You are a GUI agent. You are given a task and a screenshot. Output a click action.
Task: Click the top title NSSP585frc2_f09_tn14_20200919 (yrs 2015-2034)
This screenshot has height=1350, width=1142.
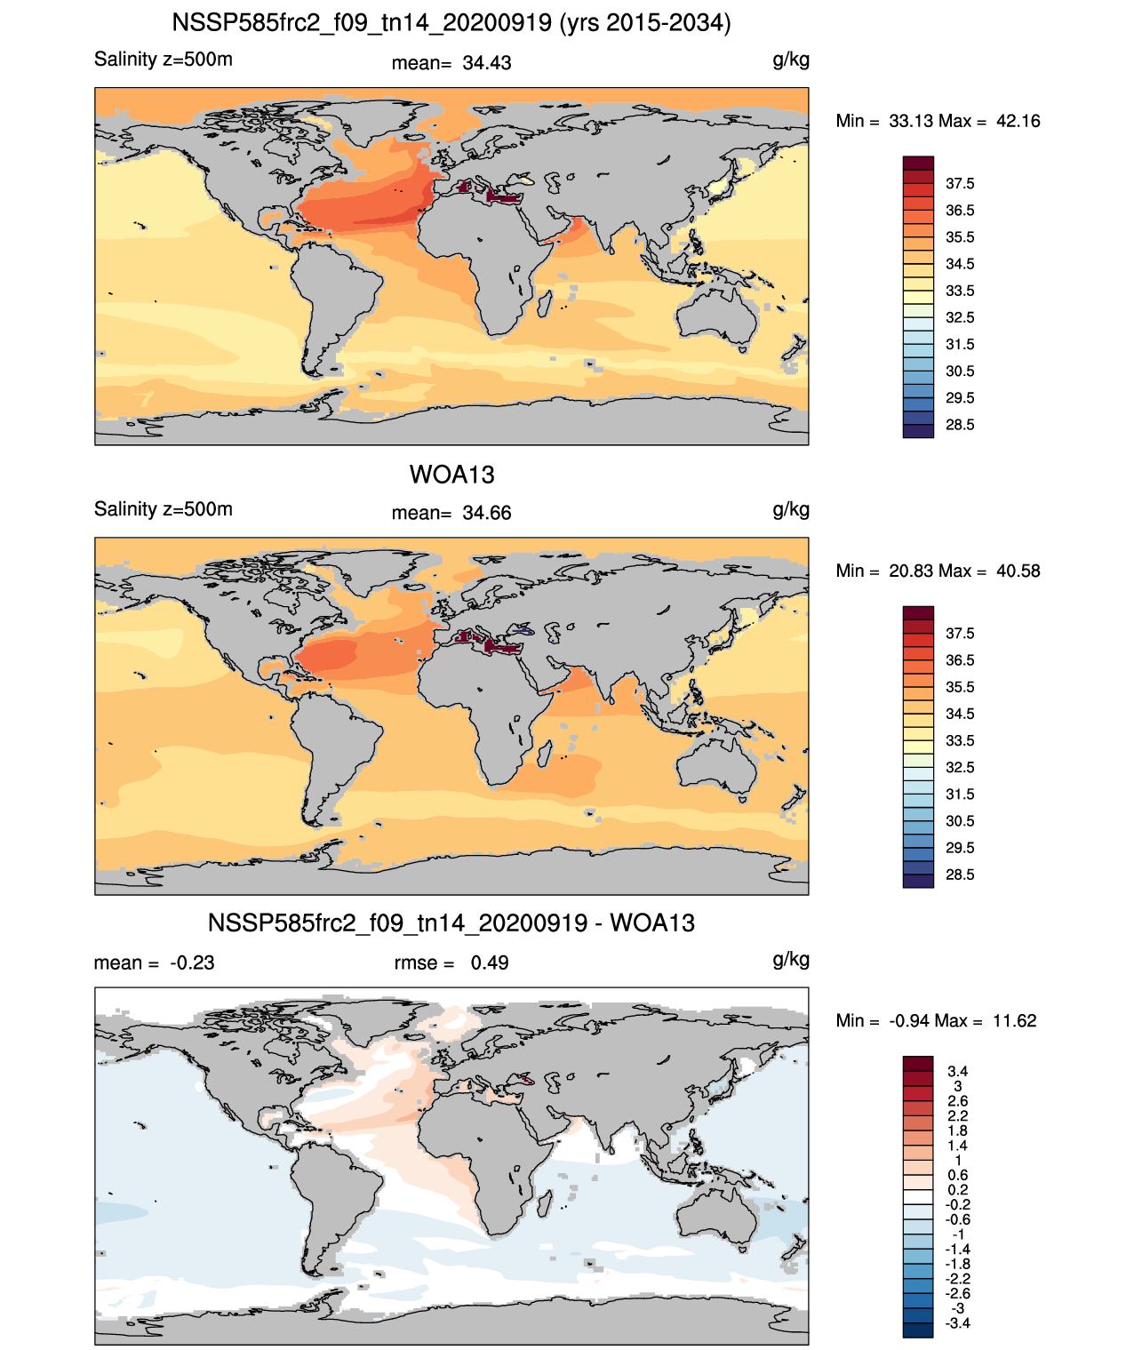coord(451,23)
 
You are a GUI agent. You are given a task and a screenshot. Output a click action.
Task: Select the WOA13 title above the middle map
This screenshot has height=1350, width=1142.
coord(451,475)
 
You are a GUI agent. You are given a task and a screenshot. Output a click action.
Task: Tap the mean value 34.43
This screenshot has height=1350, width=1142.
coord(486,63)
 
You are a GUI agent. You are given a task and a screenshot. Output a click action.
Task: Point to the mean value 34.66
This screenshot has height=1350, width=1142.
coord(486,514)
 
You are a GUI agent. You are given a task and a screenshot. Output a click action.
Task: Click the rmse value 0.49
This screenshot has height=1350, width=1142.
coord(489,963)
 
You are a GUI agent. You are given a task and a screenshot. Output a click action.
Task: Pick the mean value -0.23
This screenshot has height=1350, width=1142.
coord(192,963)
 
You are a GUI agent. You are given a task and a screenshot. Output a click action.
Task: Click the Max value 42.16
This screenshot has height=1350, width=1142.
coord(1018,122)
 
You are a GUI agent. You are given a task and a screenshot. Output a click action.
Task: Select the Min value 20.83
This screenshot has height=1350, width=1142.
coord(910,571)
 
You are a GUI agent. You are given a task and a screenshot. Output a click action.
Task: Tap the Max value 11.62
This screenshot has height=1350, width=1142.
coord(1015,1021)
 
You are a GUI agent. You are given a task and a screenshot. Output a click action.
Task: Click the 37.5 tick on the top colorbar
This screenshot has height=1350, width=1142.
coord(960,184)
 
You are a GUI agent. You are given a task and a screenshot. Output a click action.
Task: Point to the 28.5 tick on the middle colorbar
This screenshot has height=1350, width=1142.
coord(960,875)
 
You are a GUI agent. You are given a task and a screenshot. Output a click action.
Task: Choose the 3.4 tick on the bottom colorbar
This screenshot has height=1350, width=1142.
coord(958,1072)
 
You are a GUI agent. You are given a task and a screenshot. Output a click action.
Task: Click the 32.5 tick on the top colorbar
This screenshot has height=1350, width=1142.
coord(960,318)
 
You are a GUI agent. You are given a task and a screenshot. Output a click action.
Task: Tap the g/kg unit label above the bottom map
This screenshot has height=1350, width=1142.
coord(791,960)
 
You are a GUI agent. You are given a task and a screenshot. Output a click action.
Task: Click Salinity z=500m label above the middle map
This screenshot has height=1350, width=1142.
coord(164,509)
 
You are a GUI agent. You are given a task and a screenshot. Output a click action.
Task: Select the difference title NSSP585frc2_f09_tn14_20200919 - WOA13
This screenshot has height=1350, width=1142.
coord(451,923)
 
